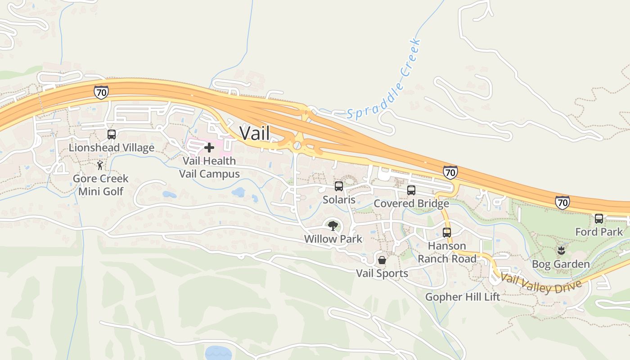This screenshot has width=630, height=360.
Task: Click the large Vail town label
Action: tap(255, 133)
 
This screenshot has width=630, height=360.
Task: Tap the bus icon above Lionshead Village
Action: tap(112, 134)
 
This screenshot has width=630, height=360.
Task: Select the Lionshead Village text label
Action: tap(112, 148)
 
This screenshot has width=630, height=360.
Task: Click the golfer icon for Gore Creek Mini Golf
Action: tap(100, 165)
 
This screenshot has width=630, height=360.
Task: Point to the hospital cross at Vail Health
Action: tap(209, 147)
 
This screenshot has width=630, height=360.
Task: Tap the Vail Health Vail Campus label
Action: tap(209, 167)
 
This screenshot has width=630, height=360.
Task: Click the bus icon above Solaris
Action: tap(339, 186)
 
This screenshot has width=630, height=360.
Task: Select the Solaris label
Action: tap(339, 200)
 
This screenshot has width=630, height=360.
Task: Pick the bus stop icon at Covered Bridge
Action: tap(411, 190)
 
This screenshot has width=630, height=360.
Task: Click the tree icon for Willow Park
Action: tap(333, 225)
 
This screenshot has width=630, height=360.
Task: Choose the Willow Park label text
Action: tap(333, 239)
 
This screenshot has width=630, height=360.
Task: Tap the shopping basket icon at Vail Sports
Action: tap(382, 260)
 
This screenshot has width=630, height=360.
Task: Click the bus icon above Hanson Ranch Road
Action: tap(447, 232)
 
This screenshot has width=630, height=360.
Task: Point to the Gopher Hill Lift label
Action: tap(463, 297)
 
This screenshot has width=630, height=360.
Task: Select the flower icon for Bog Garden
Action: tap(561, 250)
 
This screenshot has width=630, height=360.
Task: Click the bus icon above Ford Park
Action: tap(599, 218)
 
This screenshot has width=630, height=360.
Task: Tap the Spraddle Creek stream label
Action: tap(385, 80)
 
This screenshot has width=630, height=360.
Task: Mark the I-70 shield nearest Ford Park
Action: tap(562, 202)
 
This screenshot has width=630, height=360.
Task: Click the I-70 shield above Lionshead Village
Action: tap(101, 92)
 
